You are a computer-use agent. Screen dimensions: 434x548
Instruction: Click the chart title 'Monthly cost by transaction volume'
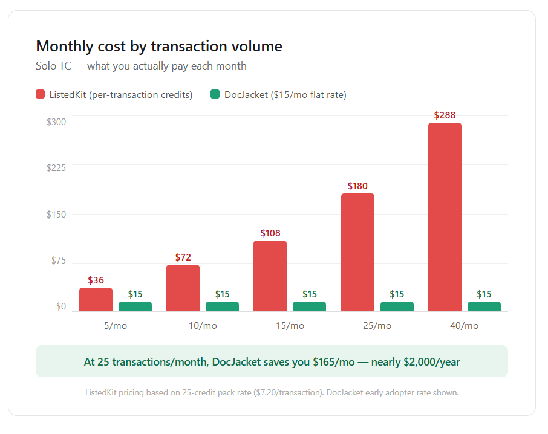tap(159, 46)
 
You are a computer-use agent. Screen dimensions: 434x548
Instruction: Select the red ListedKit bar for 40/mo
tap(445, 217)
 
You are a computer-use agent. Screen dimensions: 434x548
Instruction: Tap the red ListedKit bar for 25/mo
tap(357, 252)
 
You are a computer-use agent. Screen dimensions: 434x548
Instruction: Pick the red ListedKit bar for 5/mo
tap(96, 299)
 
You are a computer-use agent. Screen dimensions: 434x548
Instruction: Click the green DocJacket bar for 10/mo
tap(222, 306)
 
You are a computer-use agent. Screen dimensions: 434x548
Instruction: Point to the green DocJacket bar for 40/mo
tap(484, 306)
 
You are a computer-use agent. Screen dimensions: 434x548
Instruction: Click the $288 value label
tap(445, 115)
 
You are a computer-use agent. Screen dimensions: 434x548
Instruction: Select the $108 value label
tap(270, 233)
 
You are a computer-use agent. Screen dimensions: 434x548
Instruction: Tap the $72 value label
tap(183, 257)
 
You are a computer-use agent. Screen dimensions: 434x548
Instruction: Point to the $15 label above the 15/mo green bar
tap(309, 294)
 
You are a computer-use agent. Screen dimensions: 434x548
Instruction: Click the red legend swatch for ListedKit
tap(41, 94)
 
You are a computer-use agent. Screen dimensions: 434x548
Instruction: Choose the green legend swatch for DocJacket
tap(215, 94)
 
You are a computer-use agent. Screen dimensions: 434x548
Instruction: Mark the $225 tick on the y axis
tap(56, 168)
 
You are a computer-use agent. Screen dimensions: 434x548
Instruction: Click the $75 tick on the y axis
tap(56, 261)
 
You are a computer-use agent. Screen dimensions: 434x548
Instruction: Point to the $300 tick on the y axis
tap(56, 121)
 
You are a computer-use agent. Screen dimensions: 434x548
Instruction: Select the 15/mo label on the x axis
tap(290, 326)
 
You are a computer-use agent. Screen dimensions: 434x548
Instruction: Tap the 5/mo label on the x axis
tap(116, 326)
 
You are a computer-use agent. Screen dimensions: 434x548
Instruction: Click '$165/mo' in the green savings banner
tap(333, 362)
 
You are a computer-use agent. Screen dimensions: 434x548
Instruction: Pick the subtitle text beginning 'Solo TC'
tap(142, 66)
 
